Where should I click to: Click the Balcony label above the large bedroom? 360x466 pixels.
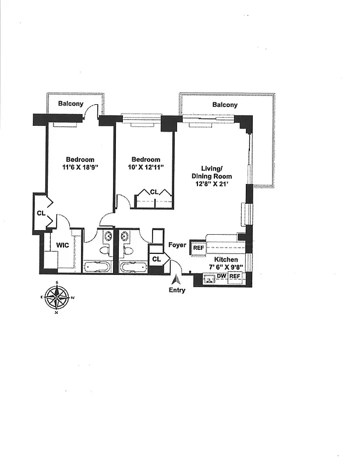click(71, 104)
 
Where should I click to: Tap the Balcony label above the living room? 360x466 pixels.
click(224, 105)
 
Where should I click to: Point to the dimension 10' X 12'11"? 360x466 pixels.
click(145, 168)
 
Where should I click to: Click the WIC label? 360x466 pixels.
click(63, 245)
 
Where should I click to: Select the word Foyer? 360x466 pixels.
click(177, 245)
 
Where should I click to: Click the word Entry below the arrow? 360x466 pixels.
click(177, 290)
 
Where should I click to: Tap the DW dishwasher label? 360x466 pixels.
click(221, 277)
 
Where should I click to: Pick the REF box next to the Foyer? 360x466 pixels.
click(199, 247)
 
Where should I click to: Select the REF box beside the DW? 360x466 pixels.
click(235, 277)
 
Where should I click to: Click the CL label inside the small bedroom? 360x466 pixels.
click(154, 192)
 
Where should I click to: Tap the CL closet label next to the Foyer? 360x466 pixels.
click(156, 259)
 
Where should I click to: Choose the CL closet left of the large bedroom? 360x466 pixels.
click(41, 213)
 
